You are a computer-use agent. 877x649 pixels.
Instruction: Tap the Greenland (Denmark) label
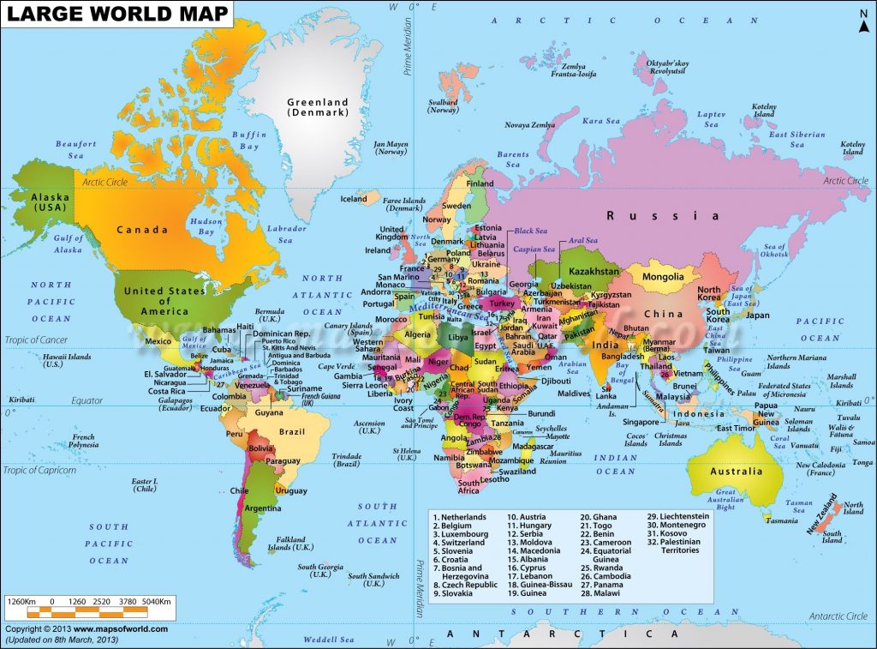[318, 106]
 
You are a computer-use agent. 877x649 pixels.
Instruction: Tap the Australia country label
[736, 471]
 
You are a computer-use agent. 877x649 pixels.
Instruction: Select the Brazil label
[292, 429]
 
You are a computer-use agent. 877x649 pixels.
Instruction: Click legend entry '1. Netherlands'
[460, 517]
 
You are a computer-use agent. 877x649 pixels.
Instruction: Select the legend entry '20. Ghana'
[599, 517]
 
